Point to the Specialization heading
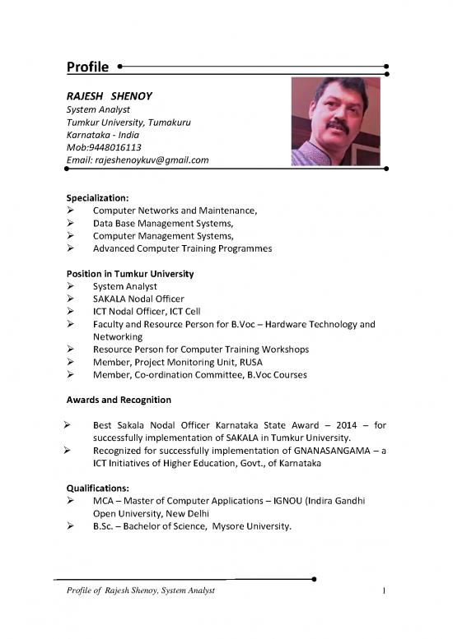(x=96, y=198)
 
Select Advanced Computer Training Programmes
(x=182, y=248)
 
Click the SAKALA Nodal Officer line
(x=138, y=299)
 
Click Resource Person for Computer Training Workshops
(x=201, y=349)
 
